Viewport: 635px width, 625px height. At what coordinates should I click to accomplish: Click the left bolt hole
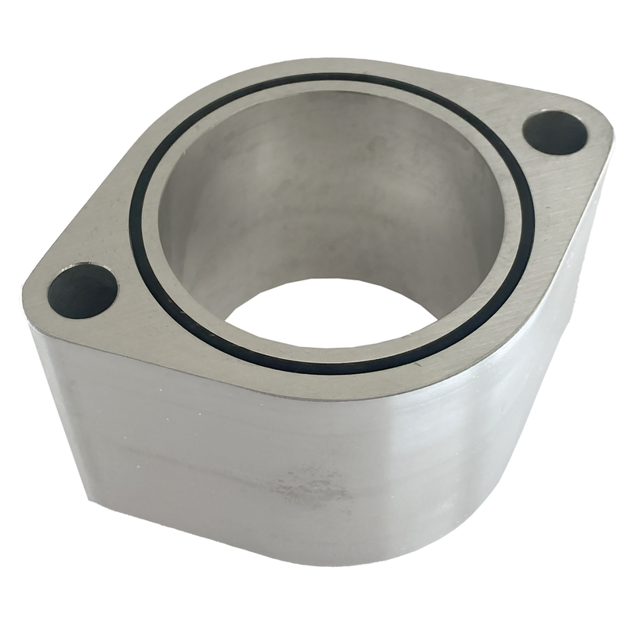[82, 291]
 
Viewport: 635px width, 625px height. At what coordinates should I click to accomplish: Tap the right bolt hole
[555, 132]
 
